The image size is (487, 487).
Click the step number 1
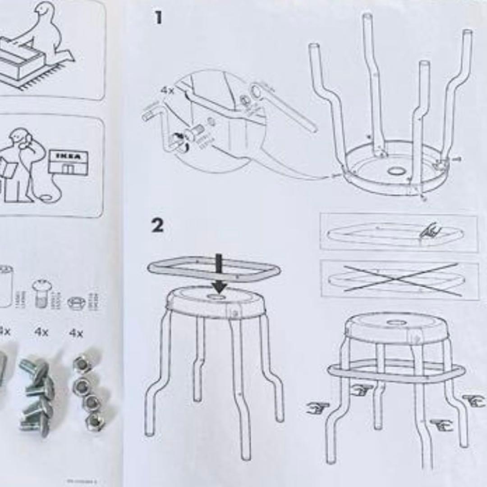click(157, 18)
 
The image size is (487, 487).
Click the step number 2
click(157, 225)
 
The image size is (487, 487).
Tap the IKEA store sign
click(68, 156)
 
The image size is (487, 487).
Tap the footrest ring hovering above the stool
click(214, 270)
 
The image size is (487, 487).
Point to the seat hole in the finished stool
click(397, 323)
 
